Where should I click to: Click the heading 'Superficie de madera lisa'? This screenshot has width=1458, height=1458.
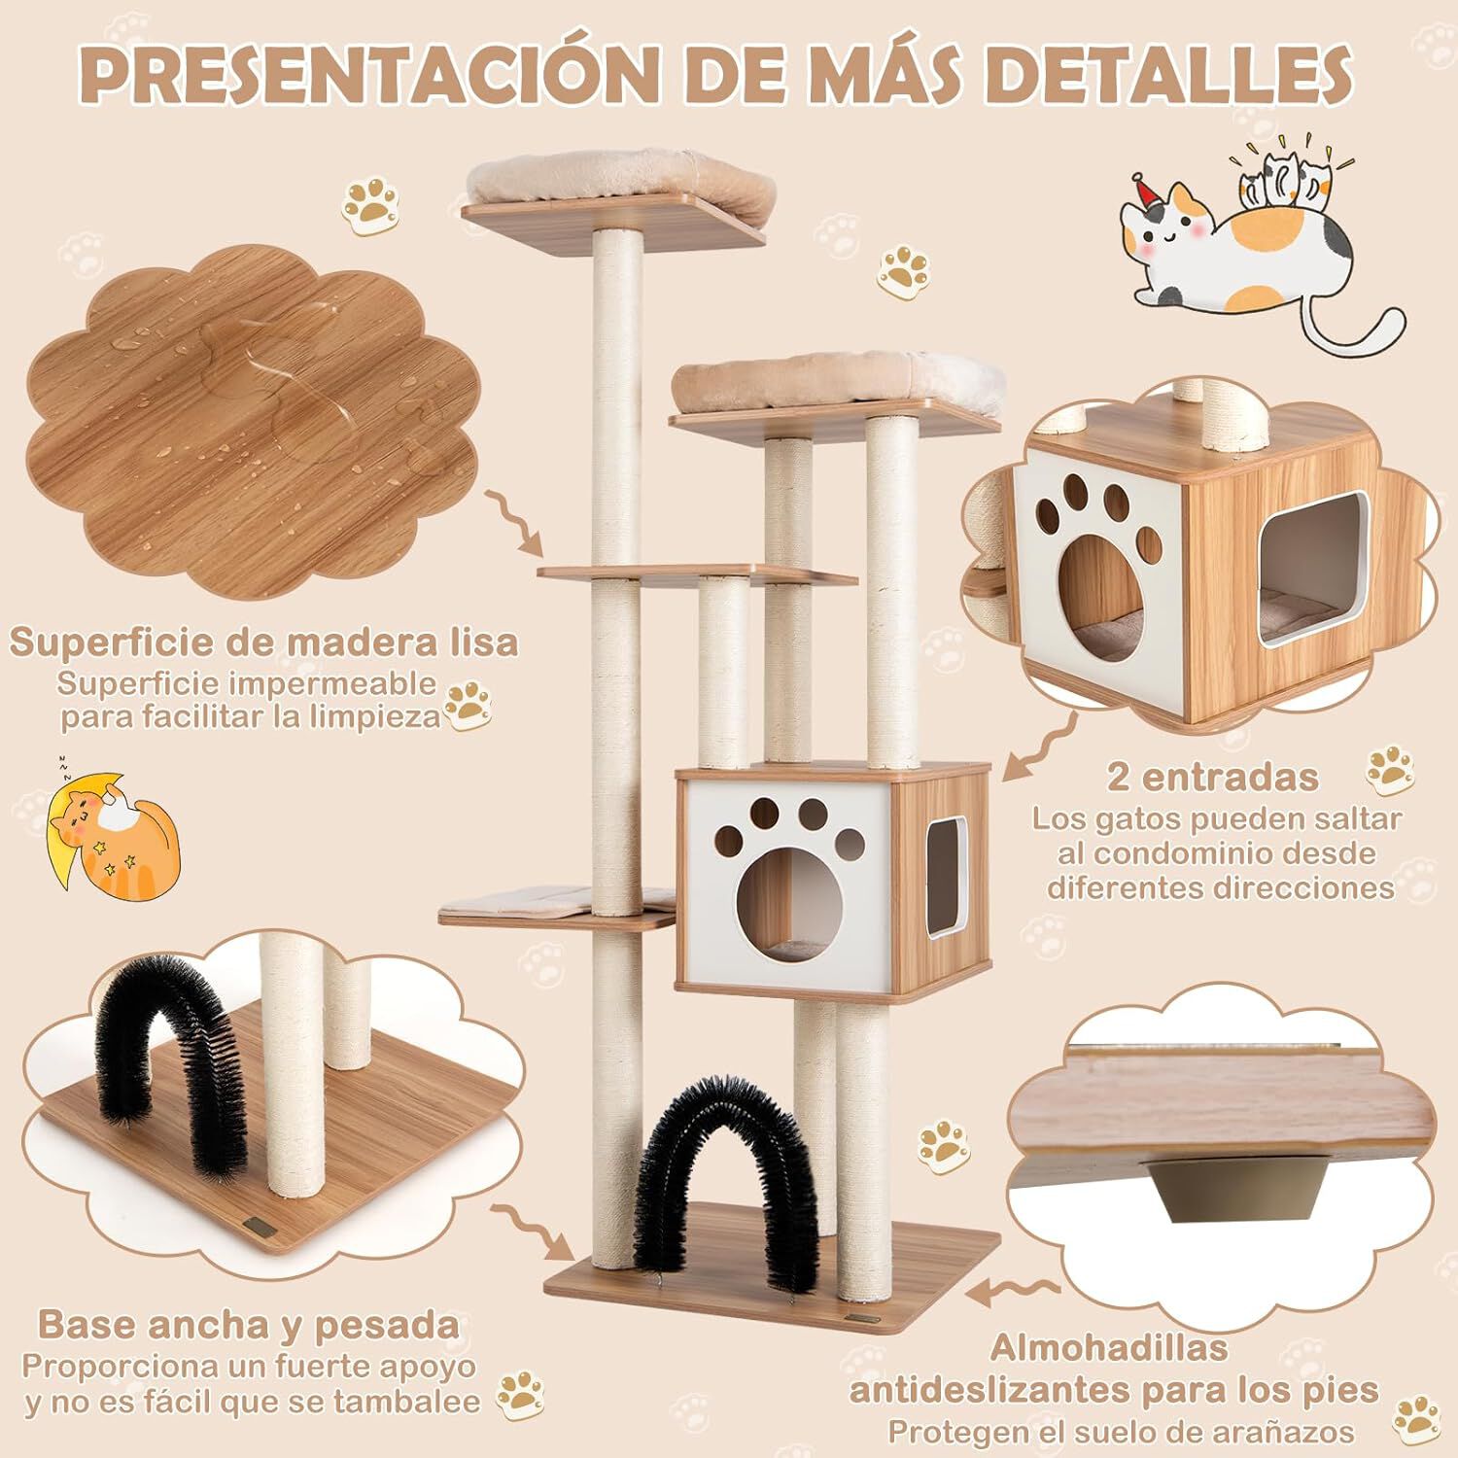(263, 642)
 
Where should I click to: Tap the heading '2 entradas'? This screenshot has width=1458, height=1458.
(1212, 777)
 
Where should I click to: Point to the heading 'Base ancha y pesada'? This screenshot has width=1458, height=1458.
(248, 1324)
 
